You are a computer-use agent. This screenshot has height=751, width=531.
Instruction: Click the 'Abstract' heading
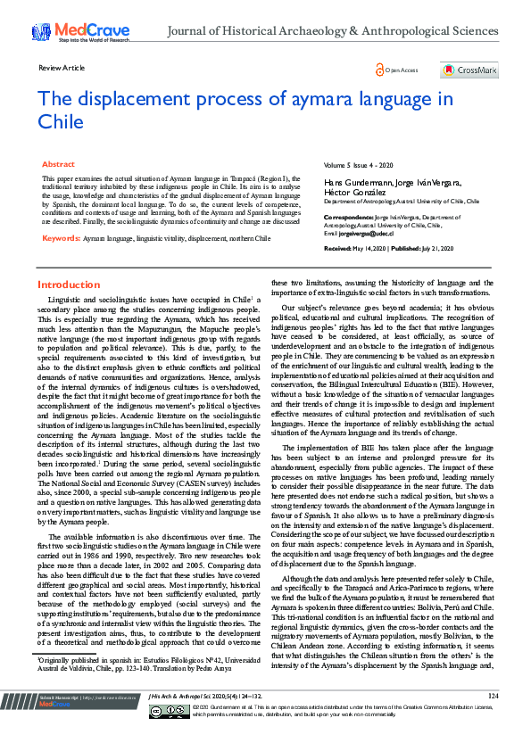click(58, 165)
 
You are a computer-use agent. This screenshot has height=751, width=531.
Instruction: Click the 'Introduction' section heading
click(69, 285)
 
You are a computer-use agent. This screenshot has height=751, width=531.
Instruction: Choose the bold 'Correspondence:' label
click(347, 217)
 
